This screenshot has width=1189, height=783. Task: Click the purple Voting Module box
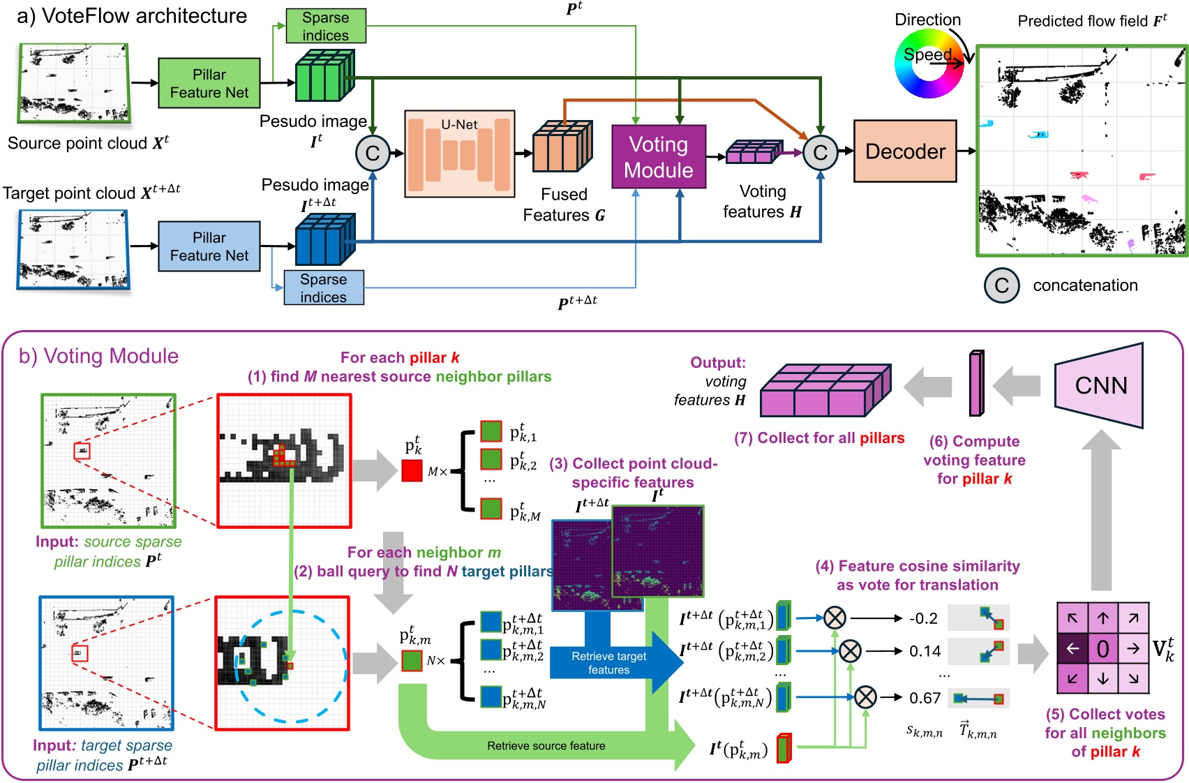[658, 157]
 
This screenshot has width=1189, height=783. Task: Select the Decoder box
[905, 151]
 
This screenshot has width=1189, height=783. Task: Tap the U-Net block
[460, 154]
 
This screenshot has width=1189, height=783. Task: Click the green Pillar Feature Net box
[209, 83]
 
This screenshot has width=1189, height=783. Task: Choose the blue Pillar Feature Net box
[209, 246]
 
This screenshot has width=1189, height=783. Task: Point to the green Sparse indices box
[326, 27]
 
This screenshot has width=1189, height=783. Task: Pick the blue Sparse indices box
[324, 288]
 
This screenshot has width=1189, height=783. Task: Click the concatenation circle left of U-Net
[373, 154]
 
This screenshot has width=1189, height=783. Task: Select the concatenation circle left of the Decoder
[820, 153]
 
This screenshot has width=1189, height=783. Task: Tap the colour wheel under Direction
[929, 65]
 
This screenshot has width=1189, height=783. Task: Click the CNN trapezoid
[1100, 385]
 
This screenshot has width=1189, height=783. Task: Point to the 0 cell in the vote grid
[1102, 649]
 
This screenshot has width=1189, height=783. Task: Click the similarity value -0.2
[923, 618]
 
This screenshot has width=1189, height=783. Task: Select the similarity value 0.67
[925, 698]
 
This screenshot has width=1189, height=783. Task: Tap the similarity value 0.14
[925, 651]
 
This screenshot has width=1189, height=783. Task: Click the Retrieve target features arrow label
[608, 663]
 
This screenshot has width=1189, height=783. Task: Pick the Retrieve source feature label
[546, 746]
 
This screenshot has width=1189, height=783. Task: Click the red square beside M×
[412, 470]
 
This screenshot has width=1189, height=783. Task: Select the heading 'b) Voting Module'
[98, 356]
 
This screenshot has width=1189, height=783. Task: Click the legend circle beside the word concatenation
[1002, 285]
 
